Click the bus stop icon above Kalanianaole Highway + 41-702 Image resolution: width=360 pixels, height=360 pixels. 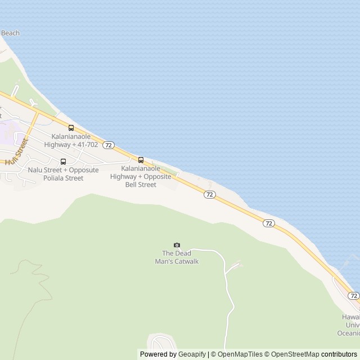(71, 128)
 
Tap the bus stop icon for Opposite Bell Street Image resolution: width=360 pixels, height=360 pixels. (141, 160)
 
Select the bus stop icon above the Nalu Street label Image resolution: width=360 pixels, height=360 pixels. (63, 161)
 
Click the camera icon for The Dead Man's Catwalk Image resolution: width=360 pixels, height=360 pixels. (177, 245)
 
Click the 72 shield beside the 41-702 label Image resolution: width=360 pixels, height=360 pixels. (109, 145)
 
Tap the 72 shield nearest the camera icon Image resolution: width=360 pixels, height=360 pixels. (209, 195)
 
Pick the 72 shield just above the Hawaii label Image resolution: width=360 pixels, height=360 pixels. (353, 296)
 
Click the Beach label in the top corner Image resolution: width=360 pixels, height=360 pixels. (10, 33)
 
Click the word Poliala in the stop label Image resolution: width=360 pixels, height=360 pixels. (54, 178)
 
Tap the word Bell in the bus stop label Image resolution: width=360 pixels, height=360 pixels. (132, 184)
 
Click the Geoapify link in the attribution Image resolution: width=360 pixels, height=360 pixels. (192, 354)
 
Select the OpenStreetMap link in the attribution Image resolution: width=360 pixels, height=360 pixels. (292, 354)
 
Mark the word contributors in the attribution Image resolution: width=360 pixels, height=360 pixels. (339, 354)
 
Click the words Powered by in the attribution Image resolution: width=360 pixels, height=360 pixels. (158, 354)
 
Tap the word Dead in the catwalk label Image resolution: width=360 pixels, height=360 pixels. (183, 253)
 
